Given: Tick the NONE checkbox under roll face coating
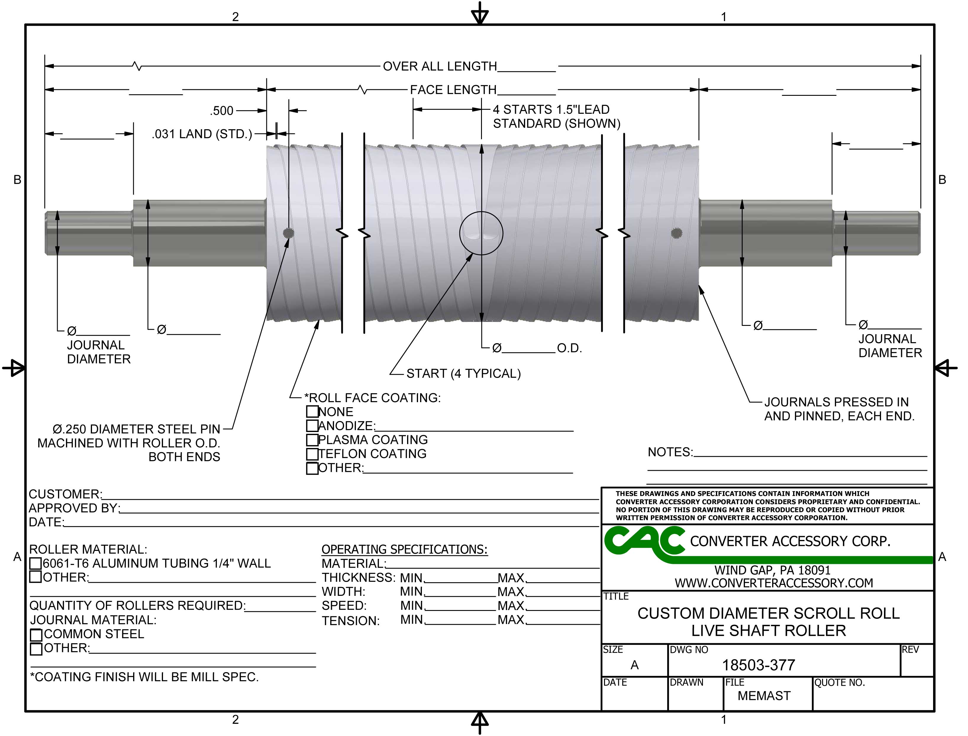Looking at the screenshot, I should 312,412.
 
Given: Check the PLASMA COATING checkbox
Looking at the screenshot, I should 312,440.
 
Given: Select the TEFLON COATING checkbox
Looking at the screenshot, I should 312,454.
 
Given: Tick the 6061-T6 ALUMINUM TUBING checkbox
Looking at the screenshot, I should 36,563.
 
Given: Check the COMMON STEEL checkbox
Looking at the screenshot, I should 36,634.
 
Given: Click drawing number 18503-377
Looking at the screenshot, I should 758,665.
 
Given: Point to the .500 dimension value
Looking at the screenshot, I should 222,111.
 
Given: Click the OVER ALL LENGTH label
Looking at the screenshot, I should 440,67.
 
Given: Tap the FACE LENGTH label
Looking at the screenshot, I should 453,90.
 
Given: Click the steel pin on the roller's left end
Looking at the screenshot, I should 288,233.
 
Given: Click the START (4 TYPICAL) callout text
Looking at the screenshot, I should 463,374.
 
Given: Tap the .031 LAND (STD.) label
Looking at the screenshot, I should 202,134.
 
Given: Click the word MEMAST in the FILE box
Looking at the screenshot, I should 764,696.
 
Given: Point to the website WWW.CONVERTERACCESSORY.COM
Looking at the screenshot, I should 773,583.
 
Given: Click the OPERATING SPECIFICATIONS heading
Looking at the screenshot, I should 404,549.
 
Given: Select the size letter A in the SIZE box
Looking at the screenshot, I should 634,665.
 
